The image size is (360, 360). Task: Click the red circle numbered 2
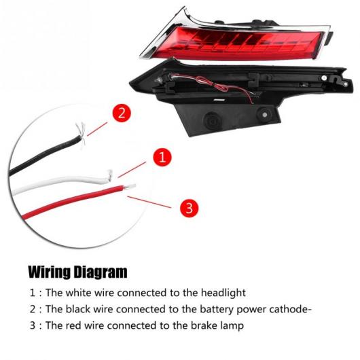(122, 113)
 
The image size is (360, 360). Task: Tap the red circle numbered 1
(162, 157)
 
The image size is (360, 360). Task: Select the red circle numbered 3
(190, 209)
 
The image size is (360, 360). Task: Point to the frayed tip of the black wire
(82, 135)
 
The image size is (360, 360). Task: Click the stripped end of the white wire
(110, 176)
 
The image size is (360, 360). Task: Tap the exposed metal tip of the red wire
(130, 187)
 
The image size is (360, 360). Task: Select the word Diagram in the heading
(101, 272)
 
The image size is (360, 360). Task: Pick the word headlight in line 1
(223, 293)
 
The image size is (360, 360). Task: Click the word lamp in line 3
(232, 326)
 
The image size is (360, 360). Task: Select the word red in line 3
(73, 325)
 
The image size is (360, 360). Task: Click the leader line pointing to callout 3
(149, 202)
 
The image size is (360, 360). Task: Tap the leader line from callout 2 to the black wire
(97, 129)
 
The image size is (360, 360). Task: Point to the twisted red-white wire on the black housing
(213, 86)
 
